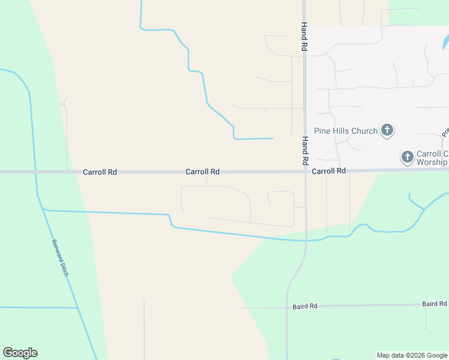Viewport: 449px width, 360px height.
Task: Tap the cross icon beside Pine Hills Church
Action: coord(387,130)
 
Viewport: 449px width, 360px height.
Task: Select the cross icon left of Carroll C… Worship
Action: coord(407,157)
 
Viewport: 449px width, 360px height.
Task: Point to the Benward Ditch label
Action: coord(61,259)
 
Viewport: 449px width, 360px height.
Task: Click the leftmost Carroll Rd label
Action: coord(100,172)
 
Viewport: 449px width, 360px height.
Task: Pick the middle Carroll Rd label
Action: coord(202,172)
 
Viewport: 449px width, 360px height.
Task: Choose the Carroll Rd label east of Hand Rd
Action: coord(329,171)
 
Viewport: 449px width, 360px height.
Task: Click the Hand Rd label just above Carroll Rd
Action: coord(305,151)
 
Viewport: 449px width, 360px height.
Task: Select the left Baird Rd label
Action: coord(305,307)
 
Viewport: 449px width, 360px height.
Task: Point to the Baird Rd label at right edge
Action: coord(434,304)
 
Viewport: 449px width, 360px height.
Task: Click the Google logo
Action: coord(20,353)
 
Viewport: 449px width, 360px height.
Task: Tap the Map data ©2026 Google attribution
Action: coord(412,355)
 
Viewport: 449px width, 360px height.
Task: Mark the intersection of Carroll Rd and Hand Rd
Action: coord(305,172)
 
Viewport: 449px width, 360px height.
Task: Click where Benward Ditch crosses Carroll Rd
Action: coord(35,172)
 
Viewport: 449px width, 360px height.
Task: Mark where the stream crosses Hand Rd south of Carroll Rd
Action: coord(306,241)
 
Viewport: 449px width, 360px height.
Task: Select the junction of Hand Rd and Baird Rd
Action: coord(287,307)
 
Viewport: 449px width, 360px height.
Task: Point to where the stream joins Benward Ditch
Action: coord(44,210)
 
